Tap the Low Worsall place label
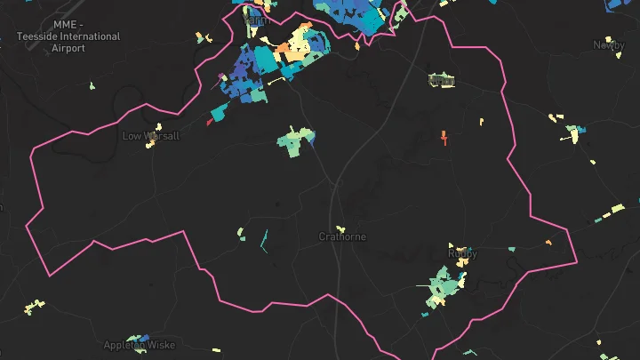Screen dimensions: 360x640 coord(150,136)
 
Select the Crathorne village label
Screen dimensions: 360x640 coord(342,237)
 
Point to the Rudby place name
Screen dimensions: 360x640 coord(462,254)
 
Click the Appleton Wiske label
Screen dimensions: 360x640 coord(140,345)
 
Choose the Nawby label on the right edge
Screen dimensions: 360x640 coord(609,44)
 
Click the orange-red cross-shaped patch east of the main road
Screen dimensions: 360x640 coord(443,137)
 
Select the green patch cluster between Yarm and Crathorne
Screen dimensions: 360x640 coord(295,140)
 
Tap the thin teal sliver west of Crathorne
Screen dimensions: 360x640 coord(264,240)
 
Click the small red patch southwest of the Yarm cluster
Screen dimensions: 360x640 coord(210,122)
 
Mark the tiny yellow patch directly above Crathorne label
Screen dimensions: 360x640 coord(340,228)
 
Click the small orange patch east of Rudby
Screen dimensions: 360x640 coord(548,243)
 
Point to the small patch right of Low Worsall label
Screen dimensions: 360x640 coord(158,127)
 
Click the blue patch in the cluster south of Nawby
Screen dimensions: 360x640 coord(580,132)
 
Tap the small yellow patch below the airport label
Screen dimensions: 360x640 coord(92,86)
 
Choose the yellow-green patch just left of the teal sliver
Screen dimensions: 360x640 coord(241,234)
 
